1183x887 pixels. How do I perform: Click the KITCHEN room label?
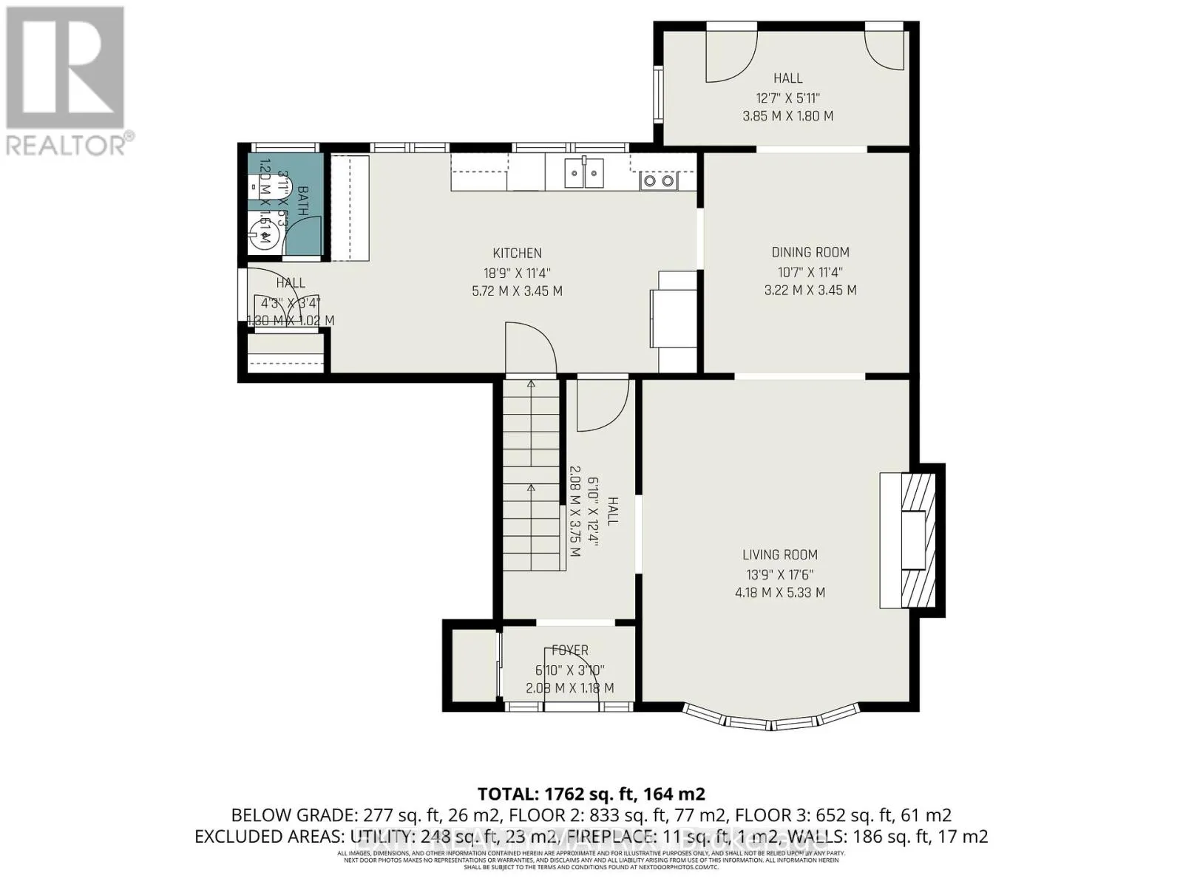click(x=518, y=253)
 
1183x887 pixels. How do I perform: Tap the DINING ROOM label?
click(x=810, y=252)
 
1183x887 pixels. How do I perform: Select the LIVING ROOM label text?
click(x=780, y=554)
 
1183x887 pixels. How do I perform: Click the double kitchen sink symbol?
click(x=583, y=173)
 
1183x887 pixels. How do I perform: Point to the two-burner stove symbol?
click(x=657, y=180)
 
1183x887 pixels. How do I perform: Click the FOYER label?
click(x=570, y=650)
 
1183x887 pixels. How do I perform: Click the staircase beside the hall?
click(x=531, y=473)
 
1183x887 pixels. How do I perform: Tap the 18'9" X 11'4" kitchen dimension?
click(x=517, y=272)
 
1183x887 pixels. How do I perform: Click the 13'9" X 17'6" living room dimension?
click(x=779, y=574)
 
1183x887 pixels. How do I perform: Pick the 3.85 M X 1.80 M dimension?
click(x=787, y=116)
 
